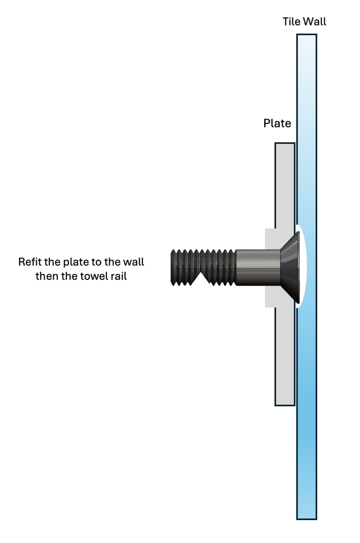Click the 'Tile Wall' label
click(304, 22)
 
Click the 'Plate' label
click(277, 123)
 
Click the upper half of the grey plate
click(284, 185)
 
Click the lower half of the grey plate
click(284, 359)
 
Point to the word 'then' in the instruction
click(47, 276)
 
